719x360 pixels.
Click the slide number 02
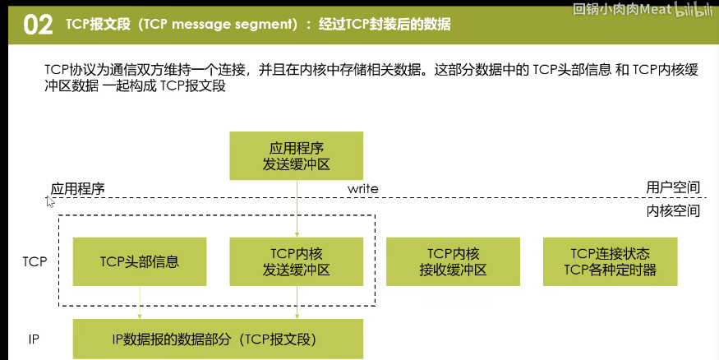pos(38,25)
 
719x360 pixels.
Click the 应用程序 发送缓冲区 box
pos(296,156)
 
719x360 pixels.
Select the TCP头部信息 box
pos(140,261)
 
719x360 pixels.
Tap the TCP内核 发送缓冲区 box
pos(296,261)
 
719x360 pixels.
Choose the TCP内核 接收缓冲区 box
pos(453,261)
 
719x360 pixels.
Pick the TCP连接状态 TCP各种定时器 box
pos(611,261)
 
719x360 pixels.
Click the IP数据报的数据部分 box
pos(218,339)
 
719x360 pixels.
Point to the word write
pos(362,188)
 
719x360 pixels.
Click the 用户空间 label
pos(673,187)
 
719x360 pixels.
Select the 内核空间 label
pos(673,210)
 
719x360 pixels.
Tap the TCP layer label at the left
pos(35,261)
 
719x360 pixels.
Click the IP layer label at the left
pos(34,339)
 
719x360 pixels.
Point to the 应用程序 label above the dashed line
pos(77,188)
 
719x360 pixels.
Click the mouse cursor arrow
pos(50,202)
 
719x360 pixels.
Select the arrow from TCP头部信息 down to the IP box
pos(140,302)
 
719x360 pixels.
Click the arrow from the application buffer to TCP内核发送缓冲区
pos(297,209)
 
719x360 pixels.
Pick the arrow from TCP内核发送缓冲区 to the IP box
pos(297,302)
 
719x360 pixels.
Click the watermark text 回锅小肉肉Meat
pos(622,9)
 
